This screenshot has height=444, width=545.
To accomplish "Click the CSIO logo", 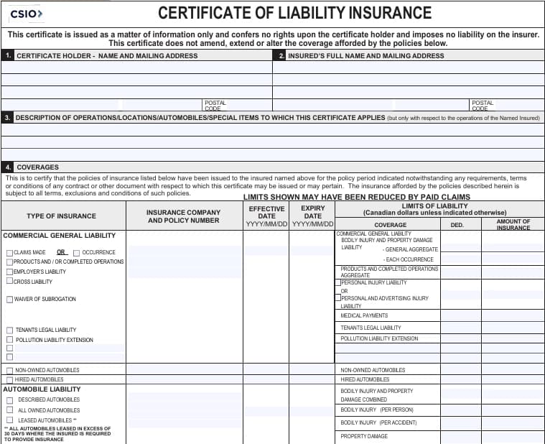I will (27, 14).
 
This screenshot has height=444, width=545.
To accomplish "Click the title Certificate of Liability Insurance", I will (294, 13).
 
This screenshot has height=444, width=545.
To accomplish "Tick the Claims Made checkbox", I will (9, 253).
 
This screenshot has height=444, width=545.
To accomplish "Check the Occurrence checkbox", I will (77, 253).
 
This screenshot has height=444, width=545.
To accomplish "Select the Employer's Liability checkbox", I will (9, 272).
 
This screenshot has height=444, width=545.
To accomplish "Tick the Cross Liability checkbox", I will (9, 281).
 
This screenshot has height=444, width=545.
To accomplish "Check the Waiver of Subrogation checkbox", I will (9, 300).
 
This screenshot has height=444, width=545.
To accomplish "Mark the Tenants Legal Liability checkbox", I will (9, 330).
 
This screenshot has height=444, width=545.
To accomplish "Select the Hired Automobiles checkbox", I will (9, 379).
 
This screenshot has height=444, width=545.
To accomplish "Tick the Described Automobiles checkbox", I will (9, 400).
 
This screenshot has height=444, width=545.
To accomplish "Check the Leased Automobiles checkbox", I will (9, 420).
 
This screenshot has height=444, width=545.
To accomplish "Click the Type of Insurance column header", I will (61, 216).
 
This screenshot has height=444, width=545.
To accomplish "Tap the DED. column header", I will (457, 225).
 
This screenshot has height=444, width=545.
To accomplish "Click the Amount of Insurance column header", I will (513, 224).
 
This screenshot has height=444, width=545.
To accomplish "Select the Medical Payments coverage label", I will (364, 315).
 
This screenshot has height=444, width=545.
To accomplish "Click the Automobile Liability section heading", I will (42, 389).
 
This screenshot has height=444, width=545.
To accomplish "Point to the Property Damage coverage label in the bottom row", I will (364, 436).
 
